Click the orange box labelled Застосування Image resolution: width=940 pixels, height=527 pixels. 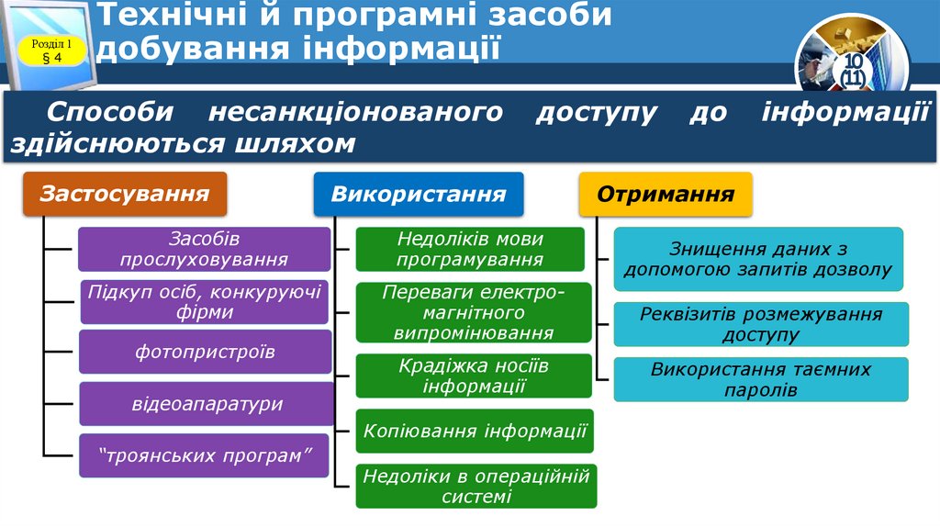(x=124, y=195)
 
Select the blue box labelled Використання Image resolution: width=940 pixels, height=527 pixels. (x=419, y=195)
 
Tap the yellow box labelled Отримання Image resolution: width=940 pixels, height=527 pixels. (x=666, y=195)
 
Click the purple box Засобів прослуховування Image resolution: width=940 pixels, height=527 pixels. (x=204, y=249)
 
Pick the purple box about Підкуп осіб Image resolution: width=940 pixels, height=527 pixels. (x=204, y=302)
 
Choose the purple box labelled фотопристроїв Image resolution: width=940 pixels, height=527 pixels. (x=204, y=352)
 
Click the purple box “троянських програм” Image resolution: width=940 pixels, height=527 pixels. (x=204, y=455)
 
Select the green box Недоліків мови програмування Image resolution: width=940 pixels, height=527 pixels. (x=470, y=249)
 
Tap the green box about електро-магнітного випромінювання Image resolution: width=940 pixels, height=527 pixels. (x=474, y=312)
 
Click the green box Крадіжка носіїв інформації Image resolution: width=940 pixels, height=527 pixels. (x=474, y=376)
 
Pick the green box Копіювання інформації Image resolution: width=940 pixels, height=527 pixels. (x=475, y=431)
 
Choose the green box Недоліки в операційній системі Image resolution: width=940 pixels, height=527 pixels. (x=476, y=486)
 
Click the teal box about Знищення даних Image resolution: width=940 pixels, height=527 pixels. (x=758, y=259)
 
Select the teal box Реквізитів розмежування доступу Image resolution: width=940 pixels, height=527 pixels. (x=761, y=324)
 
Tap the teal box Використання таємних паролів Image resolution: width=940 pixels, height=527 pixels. (x=761, y=379)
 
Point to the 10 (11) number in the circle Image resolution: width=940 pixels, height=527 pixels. (x=854, y=72)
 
